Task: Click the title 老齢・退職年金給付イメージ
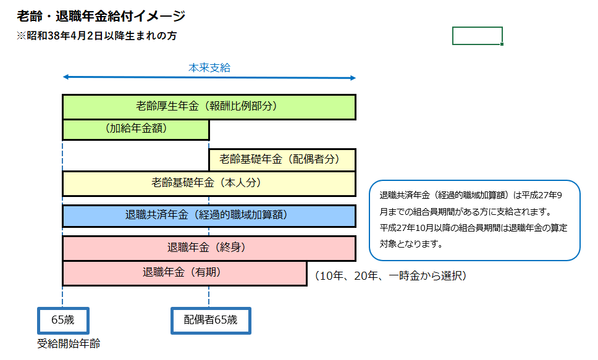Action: pyautogui.click(x=101, y=15)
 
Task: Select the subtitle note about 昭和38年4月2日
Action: pyautogui.click(x=97, y=36)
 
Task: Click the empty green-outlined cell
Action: pyautogui.click(x=477, y=36)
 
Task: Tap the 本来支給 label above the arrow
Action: pyautogui.click(x=209, y=68)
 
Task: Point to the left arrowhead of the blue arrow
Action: pyautogui.click(x=65, y=78)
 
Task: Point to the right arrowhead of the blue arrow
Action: pyautogui.click(x=353, y=78)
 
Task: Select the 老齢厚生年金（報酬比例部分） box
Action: pyautogui.click(x=209, y=107)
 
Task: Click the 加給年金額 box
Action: pyautogui.click(x=136, y=130)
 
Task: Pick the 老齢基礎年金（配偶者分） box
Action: pyautogui.click(x=282, y=159)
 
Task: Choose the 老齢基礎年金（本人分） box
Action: pyautogui.click(x=209, y=183)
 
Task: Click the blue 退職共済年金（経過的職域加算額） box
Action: pyautogui.click(x=209, y=216)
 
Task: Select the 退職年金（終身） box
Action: pyautogui.click(x=209, y=248)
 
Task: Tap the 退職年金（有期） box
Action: pyautogui.click(x=184, y=273)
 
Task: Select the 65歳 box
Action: pyautogui.click(x=64, y=320)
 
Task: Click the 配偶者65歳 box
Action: pyautogui.click(x=211, y=320)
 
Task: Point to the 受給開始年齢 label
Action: pyautogui.click(x=69, y=344)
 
